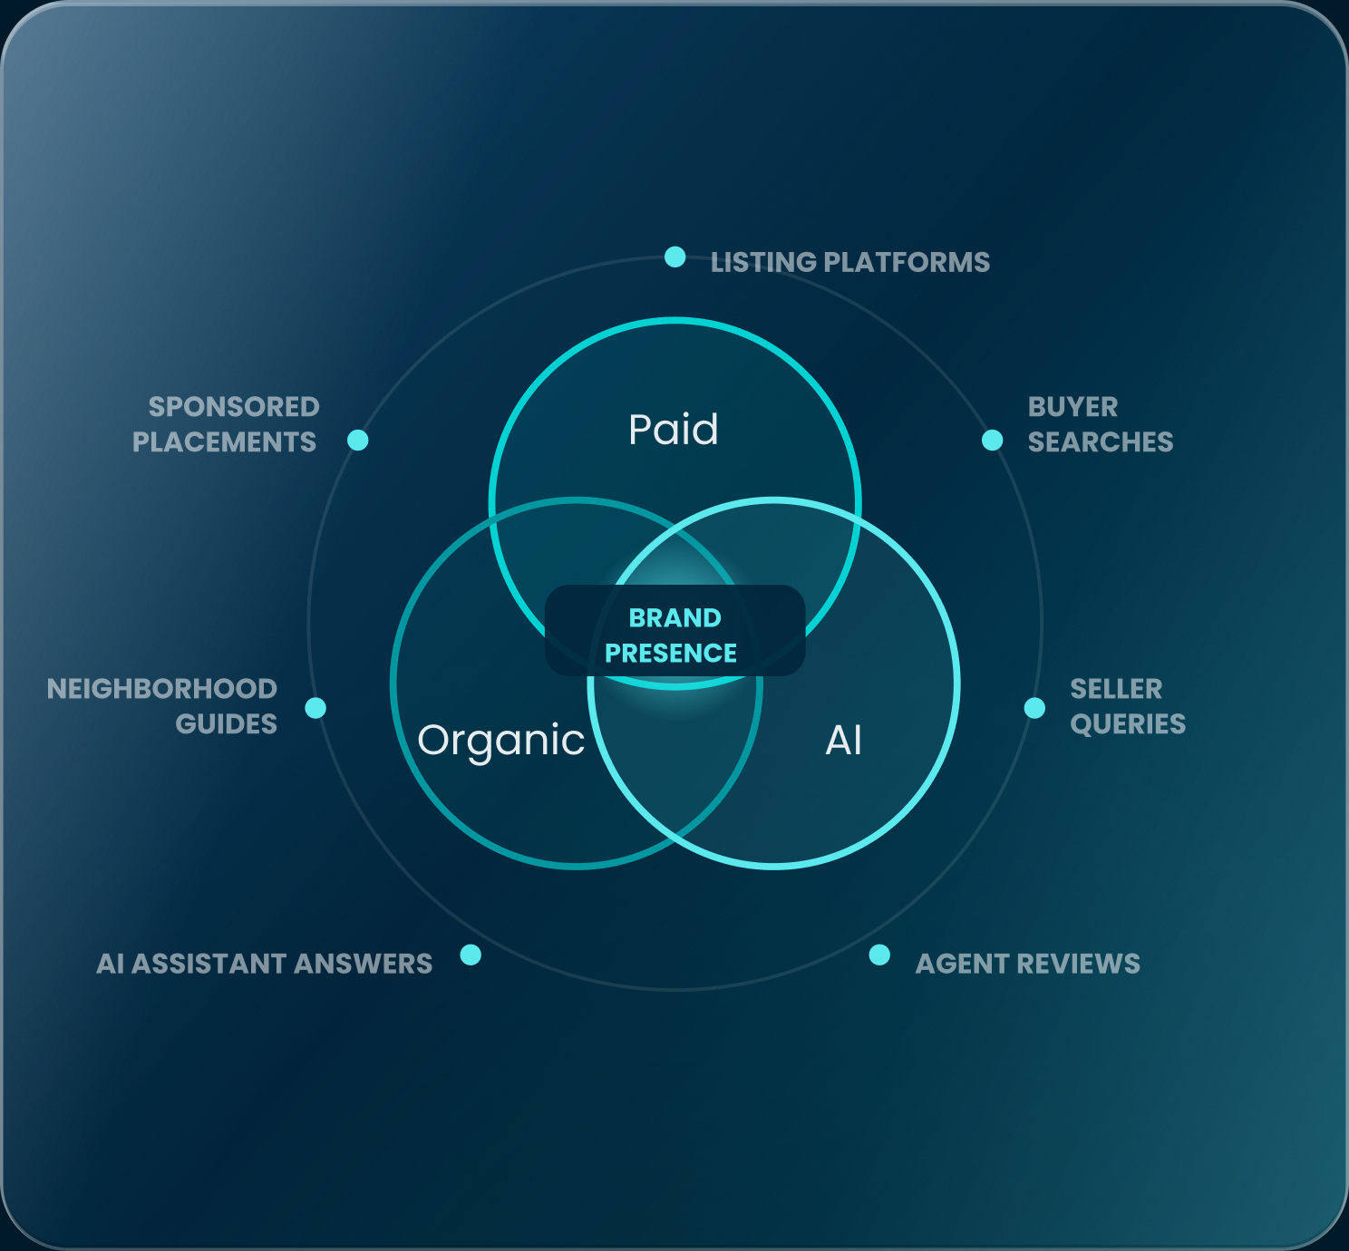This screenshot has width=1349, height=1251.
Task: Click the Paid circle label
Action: click(674, 430)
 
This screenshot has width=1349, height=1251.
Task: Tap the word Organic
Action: click(501, 741)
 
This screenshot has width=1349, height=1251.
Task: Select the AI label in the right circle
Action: click(844, 740)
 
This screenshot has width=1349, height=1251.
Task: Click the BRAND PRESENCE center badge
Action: click(674, 631)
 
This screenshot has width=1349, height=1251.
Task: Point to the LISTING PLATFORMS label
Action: click(849, 262)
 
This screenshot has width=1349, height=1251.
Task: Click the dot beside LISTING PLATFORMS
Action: click(674, 257)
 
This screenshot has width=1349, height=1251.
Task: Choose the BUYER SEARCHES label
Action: click(1101, 424)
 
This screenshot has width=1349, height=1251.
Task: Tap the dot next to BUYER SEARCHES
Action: click(992, 441)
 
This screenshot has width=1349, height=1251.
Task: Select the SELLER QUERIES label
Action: click(1128, 707)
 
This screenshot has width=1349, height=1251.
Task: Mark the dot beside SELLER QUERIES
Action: click(1034, 708)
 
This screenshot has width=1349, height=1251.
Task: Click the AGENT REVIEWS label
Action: click(1027, 965)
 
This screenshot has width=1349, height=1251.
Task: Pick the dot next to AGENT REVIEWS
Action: click(879, 955)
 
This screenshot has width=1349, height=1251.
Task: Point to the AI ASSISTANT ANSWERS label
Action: click(264, 965)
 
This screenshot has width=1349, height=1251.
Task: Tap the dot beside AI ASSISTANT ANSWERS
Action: click(470, 955)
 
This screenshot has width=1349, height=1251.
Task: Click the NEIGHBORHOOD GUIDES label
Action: click(161, 707)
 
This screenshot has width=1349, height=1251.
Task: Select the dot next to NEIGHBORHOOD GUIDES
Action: click(315, 708)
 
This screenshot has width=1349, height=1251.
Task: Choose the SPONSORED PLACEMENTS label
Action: click(226, 424)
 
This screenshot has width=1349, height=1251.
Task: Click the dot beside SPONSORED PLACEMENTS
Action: click(357, 441)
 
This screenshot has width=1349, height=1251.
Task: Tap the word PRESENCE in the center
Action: click(671, 654)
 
